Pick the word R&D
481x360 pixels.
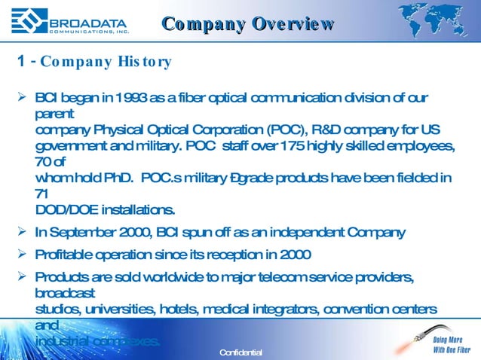(290, 130)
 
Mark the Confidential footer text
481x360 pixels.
(240, 352)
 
